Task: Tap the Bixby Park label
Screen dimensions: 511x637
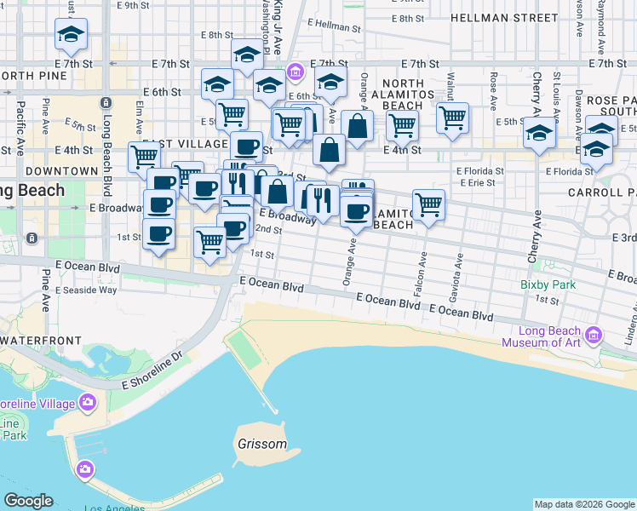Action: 548,284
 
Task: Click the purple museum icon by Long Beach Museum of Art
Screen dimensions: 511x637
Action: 594,331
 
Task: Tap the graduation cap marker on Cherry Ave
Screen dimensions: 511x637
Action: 537,135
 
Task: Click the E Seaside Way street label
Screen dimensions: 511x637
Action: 86,290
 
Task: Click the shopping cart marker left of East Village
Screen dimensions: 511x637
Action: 144,157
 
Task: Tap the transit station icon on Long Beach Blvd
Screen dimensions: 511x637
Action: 106,102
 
